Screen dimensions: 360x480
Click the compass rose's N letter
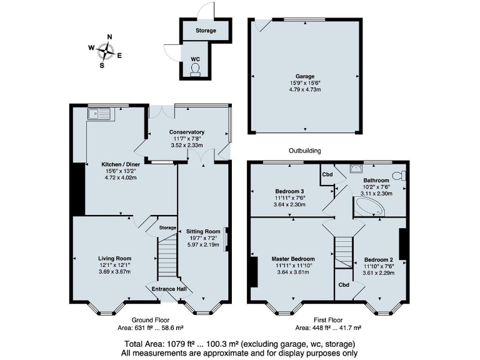109,37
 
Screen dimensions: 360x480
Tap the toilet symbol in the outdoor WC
196,67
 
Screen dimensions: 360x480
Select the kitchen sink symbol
99,114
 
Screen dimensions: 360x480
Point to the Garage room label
305,76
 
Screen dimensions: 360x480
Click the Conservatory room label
187,132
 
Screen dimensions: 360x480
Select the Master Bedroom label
292,258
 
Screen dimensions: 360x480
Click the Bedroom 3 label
289,191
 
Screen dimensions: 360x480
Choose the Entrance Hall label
169,289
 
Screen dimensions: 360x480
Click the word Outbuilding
304,151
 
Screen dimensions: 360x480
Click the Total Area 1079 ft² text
239,344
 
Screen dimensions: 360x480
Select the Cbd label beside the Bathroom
327,174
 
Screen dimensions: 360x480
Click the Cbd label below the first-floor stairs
343,284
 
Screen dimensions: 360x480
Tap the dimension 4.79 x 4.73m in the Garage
305,89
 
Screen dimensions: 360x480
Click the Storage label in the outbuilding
205,31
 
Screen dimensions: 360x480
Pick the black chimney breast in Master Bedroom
252,272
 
